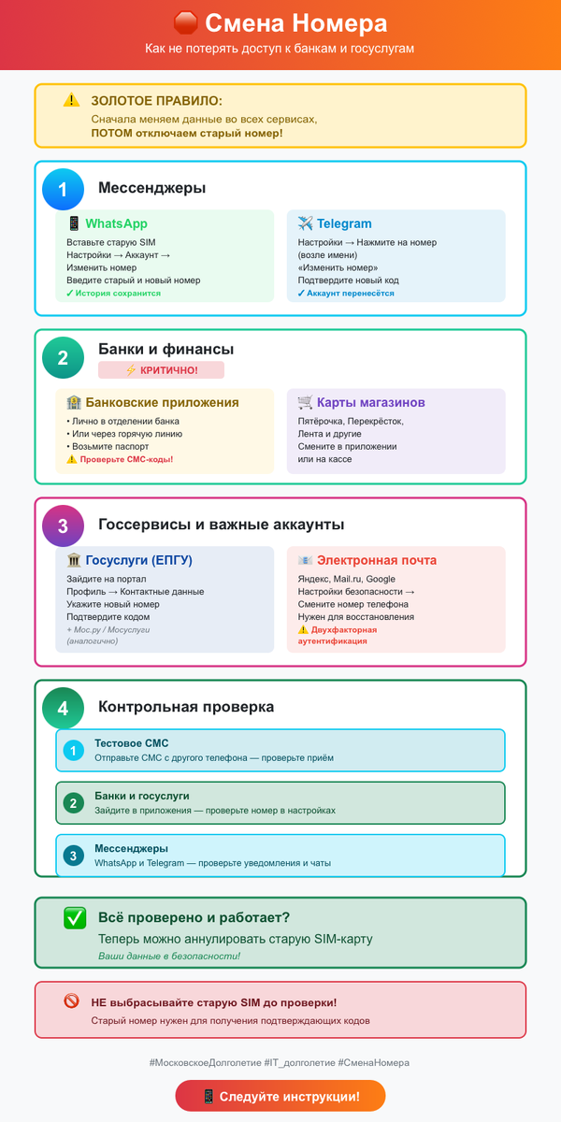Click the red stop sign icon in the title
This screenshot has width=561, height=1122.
pyautogui.click(x=185, y=23)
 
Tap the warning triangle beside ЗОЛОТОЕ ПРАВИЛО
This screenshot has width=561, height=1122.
pyautogui.click(x=72, y=100)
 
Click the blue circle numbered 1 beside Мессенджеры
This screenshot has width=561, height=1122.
pyautogui.click(x=63, y=189)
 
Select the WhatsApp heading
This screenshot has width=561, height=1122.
pyautogui.click(x=116, y=223)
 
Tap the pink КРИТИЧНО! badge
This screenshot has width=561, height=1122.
pyautogui.click(x=161, y=370)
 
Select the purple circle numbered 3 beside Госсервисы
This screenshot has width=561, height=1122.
pyautogui.click(x=63, y=525)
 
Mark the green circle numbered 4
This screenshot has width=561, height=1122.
pyautogui.click(x=63, y=708)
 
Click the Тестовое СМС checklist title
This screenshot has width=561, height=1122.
pyautogui.click(x=132, y=743)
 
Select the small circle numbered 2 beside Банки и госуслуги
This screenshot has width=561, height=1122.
pyautogui.click(x=74, y=802)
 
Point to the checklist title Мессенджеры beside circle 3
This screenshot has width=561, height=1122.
pyautogui.click(x=132, y=848)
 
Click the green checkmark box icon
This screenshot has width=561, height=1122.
pyautogui.click(x=75, y=918)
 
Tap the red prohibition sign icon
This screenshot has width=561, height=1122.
pyautogui.click(x=72, y=1000)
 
